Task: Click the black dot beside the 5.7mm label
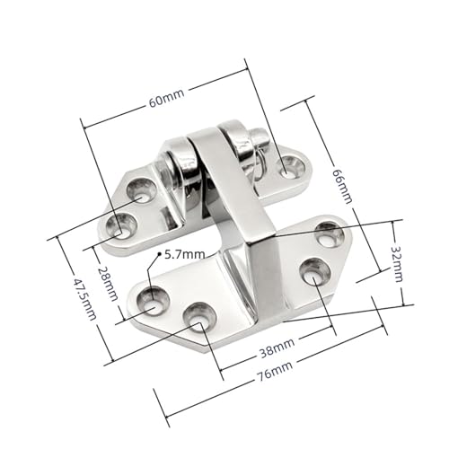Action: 162,256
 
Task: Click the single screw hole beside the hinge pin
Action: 290,164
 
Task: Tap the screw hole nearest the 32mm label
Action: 329,235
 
